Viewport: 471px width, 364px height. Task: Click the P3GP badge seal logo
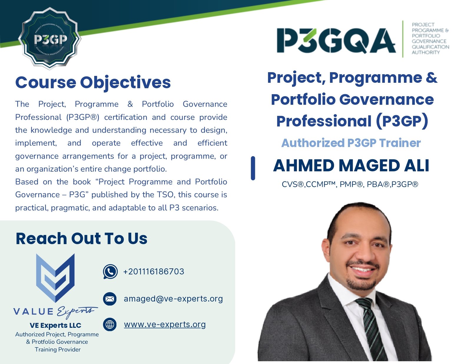pos(50,39)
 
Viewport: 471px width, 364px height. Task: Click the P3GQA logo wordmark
pos(336,41)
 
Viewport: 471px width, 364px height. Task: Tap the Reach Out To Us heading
pos(82,239)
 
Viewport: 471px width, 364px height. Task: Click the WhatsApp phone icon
pos(110,272)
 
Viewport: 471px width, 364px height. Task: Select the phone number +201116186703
pos(154,272)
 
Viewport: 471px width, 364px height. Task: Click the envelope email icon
pos(110,299)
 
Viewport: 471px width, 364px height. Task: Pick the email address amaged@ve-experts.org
pos(173,299)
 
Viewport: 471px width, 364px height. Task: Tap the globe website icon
pos(110,324)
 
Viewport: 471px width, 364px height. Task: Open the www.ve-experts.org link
pos(165,324)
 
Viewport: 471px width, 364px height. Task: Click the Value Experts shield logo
pos(55,278)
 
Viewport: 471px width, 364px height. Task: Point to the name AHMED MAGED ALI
pos(351,166)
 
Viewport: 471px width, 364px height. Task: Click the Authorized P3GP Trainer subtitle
pos(351,143)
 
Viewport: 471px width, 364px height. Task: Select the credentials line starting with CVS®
pos(350,184)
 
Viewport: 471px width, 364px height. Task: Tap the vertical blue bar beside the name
pos(253,168)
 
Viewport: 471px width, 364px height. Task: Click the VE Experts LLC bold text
pos(55,325)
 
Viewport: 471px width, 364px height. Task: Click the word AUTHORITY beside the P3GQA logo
pos(426,52)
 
